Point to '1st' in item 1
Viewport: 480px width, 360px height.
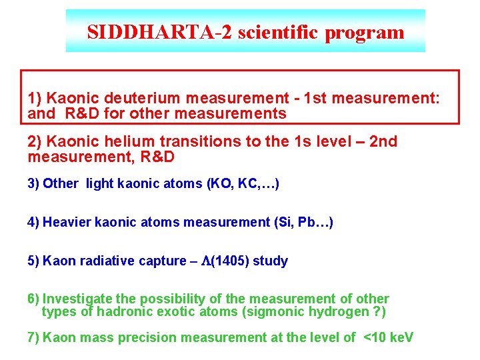point(317,99)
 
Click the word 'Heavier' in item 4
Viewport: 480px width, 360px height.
point(67,222)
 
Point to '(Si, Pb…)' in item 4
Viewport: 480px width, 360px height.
point(303,222)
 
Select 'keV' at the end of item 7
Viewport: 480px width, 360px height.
point(401,337)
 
